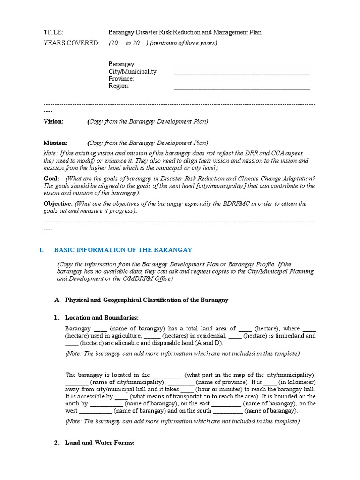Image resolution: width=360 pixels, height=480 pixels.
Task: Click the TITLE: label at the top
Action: click(53, 32)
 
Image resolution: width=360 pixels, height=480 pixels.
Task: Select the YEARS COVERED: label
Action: click(71, 43)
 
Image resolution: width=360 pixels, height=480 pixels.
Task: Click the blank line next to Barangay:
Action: click(242, 65)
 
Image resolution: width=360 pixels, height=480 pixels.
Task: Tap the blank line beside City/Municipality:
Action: click(242, 73)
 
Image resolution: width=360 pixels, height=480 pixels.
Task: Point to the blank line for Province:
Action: click(242, 80)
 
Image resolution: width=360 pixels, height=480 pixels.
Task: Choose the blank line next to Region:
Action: click(242, 87)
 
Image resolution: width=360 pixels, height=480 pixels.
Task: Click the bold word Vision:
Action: click(53, 121)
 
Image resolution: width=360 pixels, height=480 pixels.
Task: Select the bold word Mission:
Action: click(55, 143)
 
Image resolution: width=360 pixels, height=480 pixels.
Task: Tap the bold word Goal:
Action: click(51, 179)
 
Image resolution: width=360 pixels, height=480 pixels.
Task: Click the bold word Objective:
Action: click(58, 203)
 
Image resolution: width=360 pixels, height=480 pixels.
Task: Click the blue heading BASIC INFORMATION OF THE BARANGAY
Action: click(123, 250)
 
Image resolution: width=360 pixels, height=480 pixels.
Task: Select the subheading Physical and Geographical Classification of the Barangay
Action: click(146, 300)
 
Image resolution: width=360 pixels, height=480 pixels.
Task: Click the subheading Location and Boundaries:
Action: click(102, 318)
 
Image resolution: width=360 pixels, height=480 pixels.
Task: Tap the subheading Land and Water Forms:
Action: click(100, 442)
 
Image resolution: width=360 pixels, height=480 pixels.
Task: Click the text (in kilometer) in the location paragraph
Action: click(297, 382)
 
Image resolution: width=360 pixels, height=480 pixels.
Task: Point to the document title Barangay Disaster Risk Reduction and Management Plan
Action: click(185, 32)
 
